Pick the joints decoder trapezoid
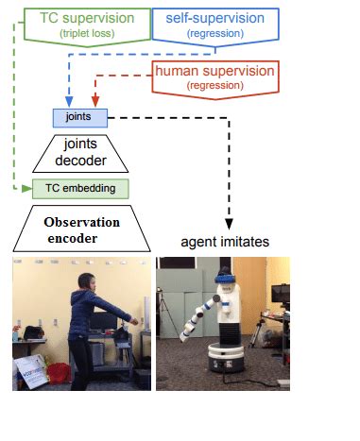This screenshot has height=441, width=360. click(80, 151)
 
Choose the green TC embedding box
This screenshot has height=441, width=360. click(80, 188)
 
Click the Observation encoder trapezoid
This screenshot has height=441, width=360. click(83, 229)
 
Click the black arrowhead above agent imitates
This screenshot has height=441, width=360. click(229, 219)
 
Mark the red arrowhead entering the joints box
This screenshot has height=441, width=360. click(93, 103)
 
